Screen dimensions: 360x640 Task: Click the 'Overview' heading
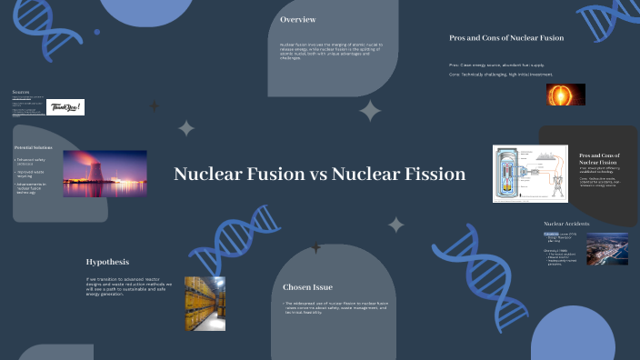coord(298,20)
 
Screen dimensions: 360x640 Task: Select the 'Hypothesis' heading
coord(107,261)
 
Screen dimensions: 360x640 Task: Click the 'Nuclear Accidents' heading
coord(566,224)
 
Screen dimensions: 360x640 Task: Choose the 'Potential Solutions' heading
coord(34,147)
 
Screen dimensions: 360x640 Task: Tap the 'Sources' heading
coord(20,92)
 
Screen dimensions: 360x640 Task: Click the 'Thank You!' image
coord(65,107)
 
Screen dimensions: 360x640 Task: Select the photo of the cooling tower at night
coord(105,174)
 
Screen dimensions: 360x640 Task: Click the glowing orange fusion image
coord(566,95)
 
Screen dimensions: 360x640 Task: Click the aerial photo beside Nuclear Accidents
coord(606,249)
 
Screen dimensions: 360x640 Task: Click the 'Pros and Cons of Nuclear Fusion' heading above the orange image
coord(506,38)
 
